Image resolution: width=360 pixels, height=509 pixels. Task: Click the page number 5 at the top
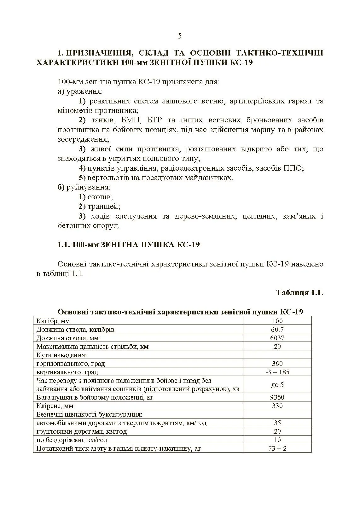180,36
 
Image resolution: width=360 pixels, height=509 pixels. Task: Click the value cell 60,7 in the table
277,330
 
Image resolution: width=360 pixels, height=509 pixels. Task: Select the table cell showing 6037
277,338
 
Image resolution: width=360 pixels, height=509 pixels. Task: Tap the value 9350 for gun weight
277,397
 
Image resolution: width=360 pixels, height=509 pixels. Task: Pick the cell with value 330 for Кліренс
277,406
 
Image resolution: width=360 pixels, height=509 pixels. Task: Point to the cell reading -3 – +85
277,372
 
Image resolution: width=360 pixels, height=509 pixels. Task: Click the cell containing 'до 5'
277,385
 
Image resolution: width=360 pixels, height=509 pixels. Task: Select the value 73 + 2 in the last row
277,448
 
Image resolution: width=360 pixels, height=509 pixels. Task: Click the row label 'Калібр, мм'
53,321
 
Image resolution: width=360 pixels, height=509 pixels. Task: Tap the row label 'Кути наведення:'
61,355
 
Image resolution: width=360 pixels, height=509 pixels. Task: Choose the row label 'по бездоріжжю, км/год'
72,440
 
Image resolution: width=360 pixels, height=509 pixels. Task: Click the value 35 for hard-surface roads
277,423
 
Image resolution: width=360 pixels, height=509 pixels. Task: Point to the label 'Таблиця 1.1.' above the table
299,293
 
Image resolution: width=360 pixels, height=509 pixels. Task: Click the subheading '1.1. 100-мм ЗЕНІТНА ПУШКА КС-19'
129,245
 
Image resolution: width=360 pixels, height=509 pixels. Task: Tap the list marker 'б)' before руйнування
61,187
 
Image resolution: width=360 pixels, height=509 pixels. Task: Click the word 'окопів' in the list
100,197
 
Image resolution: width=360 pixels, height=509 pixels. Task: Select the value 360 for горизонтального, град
277,364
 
